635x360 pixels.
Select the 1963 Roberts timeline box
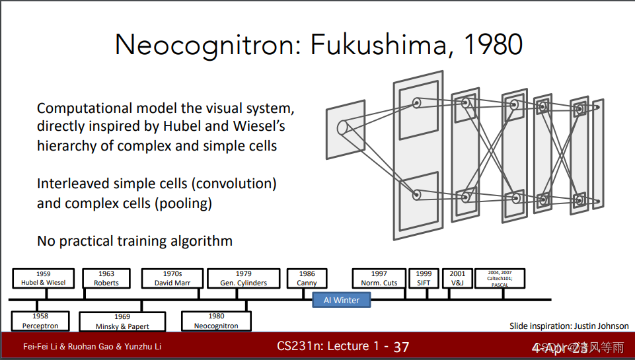click(x=106, y=278)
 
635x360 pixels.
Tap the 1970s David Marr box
click(x=172, y=278)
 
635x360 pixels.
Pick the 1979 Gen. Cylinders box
click(x=243, y=278)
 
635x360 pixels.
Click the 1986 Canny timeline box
click(x=307, y=278)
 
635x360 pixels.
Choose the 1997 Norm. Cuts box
click(x=379, y=278)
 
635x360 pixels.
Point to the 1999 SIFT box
click(x=424, y=278)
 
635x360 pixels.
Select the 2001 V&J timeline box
click(x=457, y=278)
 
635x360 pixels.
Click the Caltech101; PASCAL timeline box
click(x=500, y=277)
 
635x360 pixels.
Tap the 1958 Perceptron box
click(x=40, y=321)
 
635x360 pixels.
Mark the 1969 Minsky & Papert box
click(x=122, y=322)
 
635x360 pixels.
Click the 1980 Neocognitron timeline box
click(x=217, y=321)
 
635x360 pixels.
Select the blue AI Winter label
click(x=342, y=300)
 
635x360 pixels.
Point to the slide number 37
click(x=401, y=347)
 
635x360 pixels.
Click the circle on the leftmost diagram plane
click(x=342, y=127)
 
